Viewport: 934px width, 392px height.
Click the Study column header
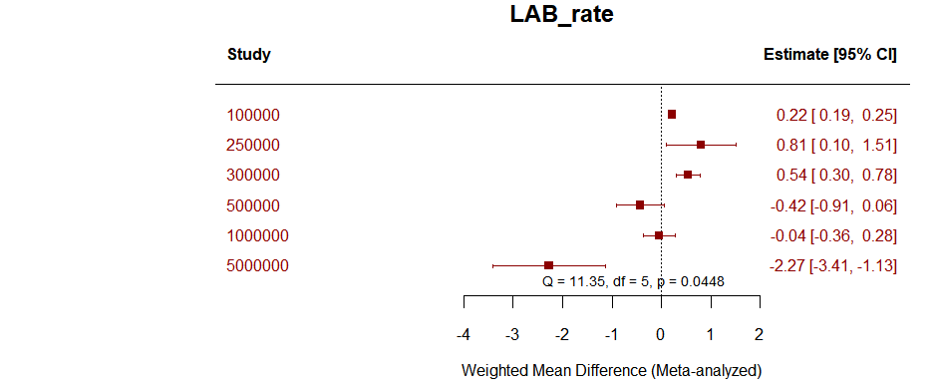[248, 55]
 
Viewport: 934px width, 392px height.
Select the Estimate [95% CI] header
[829, 55]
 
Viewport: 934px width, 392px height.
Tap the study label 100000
[253, 115]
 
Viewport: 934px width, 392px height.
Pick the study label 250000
[253, 145]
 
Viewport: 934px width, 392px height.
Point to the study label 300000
[253, 176]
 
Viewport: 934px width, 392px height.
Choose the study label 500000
[253, 205]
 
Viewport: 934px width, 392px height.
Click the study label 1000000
[257, 235]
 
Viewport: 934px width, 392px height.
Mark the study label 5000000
[257, 265]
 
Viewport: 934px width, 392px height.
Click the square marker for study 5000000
[549, 265]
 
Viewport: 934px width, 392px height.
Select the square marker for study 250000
[701, 145]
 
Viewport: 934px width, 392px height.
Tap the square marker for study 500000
[640, 205]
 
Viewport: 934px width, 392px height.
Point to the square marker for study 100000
[672, 115]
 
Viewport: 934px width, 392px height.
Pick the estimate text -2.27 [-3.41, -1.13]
[833, 265]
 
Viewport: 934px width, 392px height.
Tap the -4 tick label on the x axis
[464, 333]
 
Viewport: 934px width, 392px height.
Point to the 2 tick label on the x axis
[760, 333]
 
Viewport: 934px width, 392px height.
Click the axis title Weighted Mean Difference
[611, 371]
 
